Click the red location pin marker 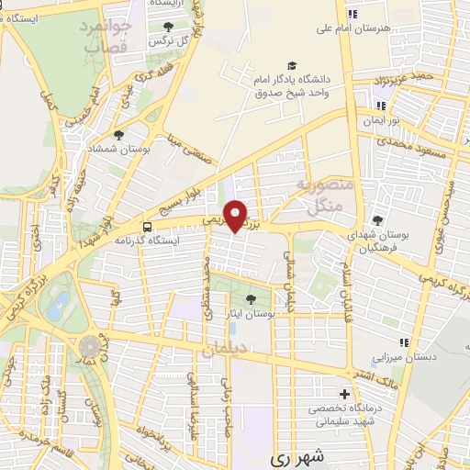tap(237, 216)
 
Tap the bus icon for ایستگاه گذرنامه tap(147, 226)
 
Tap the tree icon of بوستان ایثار tap(252, 299)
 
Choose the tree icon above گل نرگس tap(168, 28)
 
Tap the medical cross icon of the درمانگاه tap(345, 393)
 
